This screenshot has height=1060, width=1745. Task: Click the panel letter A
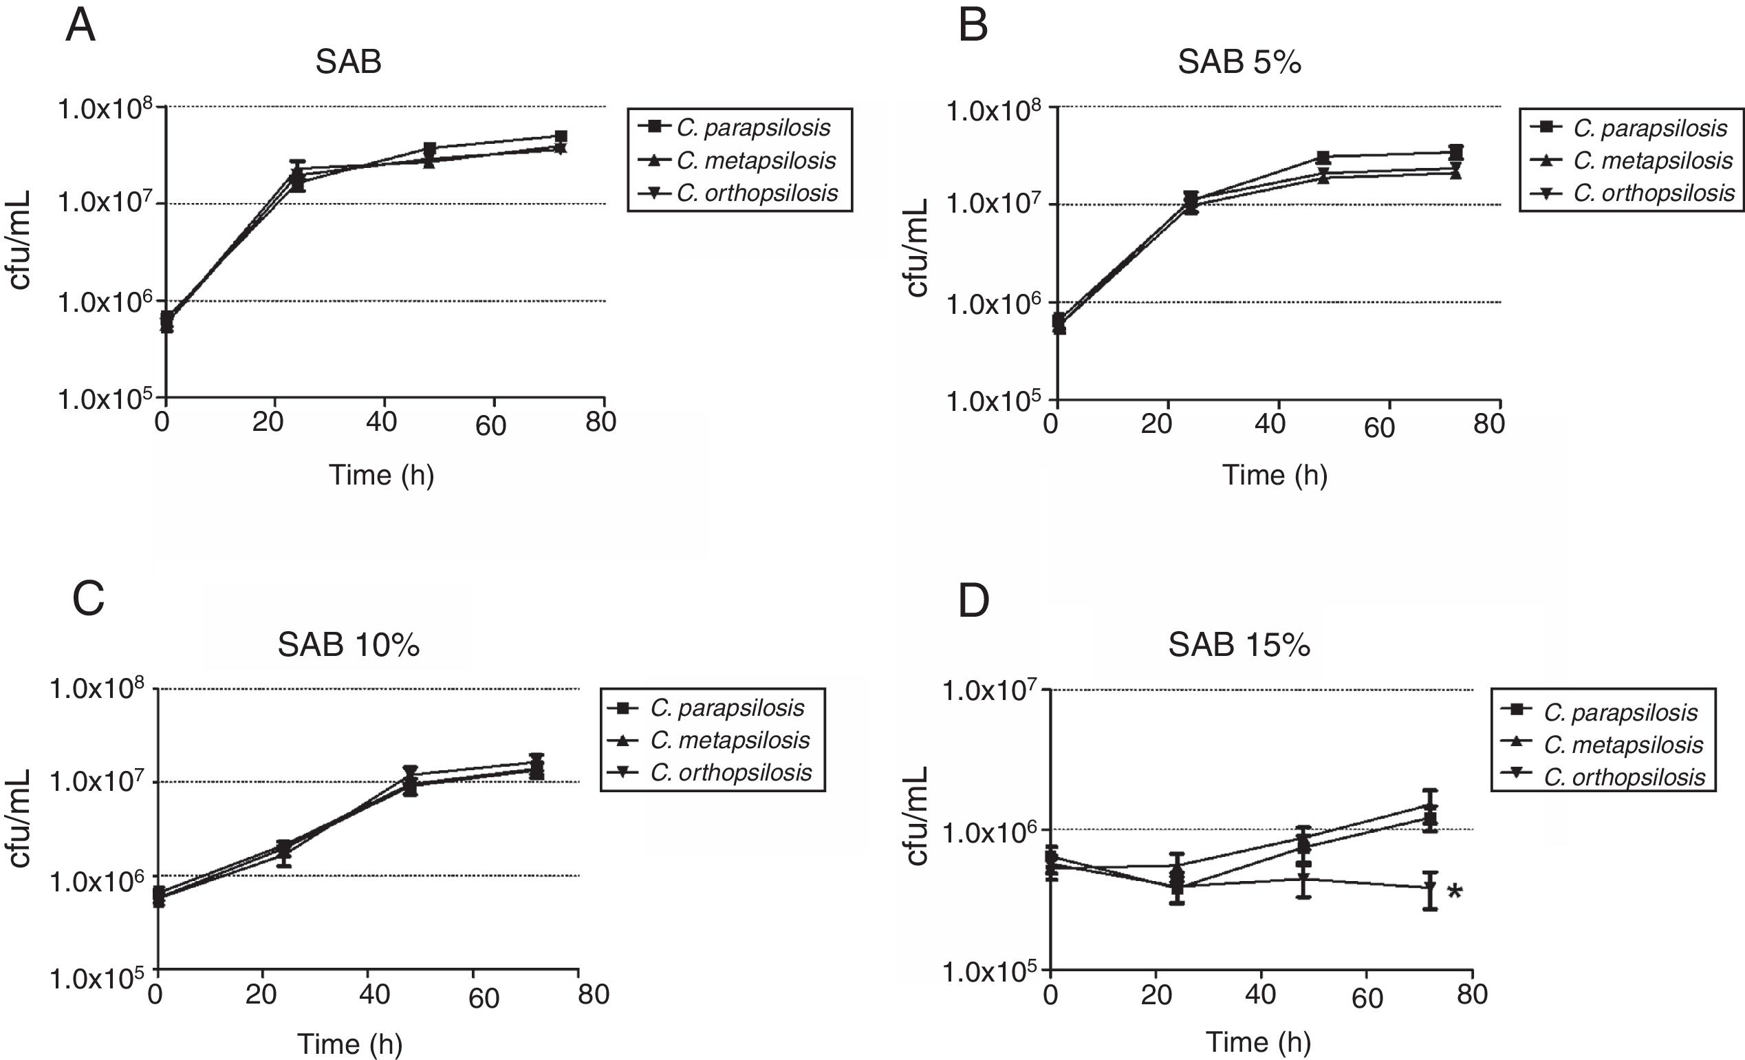(80, 27)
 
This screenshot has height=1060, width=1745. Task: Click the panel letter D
(974, 601)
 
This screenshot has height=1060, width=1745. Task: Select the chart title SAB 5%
(1239, 63)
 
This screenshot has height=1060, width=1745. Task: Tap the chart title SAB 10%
(349, 645)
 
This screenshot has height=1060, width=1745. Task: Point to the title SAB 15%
(1239, 645)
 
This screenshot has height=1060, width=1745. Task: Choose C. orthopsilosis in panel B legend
(1654, 193)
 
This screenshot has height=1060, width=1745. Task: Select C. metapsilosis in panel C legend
(730, 740)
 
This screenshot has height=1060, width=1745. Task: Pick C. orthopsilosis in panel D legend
(1625, 777)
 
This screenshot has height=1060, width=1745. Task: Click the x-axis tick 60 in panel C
(484, 998)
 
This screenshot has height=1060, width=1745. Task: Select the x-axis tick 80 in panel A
(600, 423)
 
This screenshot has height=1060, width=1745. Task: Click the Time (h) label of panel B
(1275, 476)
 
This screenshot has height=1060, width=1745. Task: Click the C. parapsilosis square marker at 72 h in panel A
(561, 137)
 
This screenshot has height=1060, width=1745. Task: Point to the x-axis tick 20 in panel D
(1156, 995)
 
